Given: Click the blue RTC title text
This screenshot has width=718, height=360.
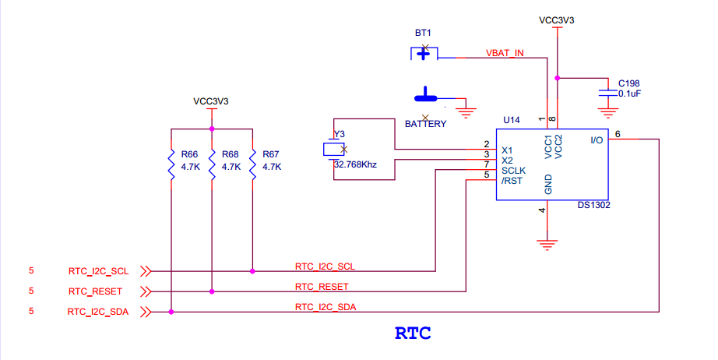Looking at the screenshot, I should point(413,334).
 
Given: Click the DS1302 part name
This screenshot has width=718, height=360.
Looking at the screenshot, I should point(593,206).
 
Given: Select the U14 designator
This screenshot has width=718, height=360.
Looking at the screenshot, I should point(511,120).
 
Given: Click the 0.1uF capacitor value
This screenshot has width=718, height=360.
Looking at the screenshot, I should point(630,94).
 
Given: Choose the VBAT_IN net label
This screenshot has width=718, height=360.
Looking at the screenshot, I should point(505,53).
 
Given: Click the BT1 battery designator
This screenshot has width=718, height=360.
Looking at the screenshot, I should point(423,34).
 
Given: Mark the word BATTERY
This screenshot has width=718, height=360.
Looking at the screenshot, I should point(425,124).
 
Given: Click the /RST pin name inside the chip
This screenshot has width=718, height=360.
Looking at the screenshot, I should point(512,181).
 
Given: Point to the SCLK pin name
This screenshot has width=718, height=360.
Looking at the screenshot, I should point(515,171).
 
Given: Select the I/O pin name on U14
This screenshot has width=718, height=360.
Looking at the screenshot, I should point(597,140).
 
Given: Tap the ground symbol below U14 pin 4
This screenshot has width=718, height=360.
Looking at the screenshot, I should point(548,244).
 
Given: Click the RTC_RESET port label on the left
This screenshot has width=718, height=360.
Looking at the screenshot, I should point(95,291).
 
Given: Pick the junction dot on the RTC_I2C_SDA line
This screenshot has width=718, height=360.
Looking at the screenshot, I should point(171,312).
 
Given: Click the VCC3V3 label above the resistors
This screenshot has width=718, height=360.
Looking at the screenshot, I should point(211,101).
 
